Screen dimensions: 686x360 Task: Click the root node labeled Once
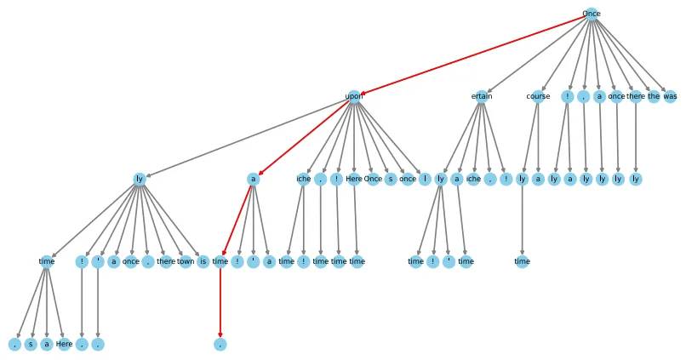pos(591,14)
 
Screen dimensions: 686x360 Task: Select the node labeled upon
pos(354,96)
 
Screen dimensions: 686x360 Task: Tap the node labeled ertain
pos(482,96)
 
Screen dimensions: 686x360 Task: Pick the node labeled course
pos(538,96)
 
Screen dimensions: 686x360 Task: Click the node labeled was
pos(670,96)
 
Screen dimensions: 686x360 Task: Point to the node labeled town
pos(186,261)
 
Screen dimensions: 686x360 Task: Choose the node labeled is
pos(203,261)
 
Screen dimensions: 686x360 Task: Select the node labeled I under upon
pos(423,179)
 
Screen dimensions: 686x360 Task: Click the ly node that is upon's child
pos(140,179)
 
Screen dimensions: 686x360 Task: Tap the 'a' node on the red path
pos(253,179)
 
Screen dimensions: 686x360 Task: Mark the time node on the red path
pos(220,261)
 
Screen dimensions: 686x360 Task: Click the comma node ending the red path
pos(220,344)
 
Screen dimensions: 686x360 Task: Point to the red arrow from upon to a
pos(304,137)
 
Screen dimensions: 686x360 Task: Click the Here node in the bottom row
pos(64,344)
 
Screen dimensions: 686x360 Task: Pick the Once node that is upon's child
pos(373,179)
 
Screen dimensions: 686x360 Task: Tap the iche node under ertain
pos(474,179)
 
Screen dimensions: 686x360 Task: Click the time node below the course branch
pos(522,261)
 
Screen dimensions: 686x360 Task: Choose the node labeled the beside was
pos(654,96)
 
